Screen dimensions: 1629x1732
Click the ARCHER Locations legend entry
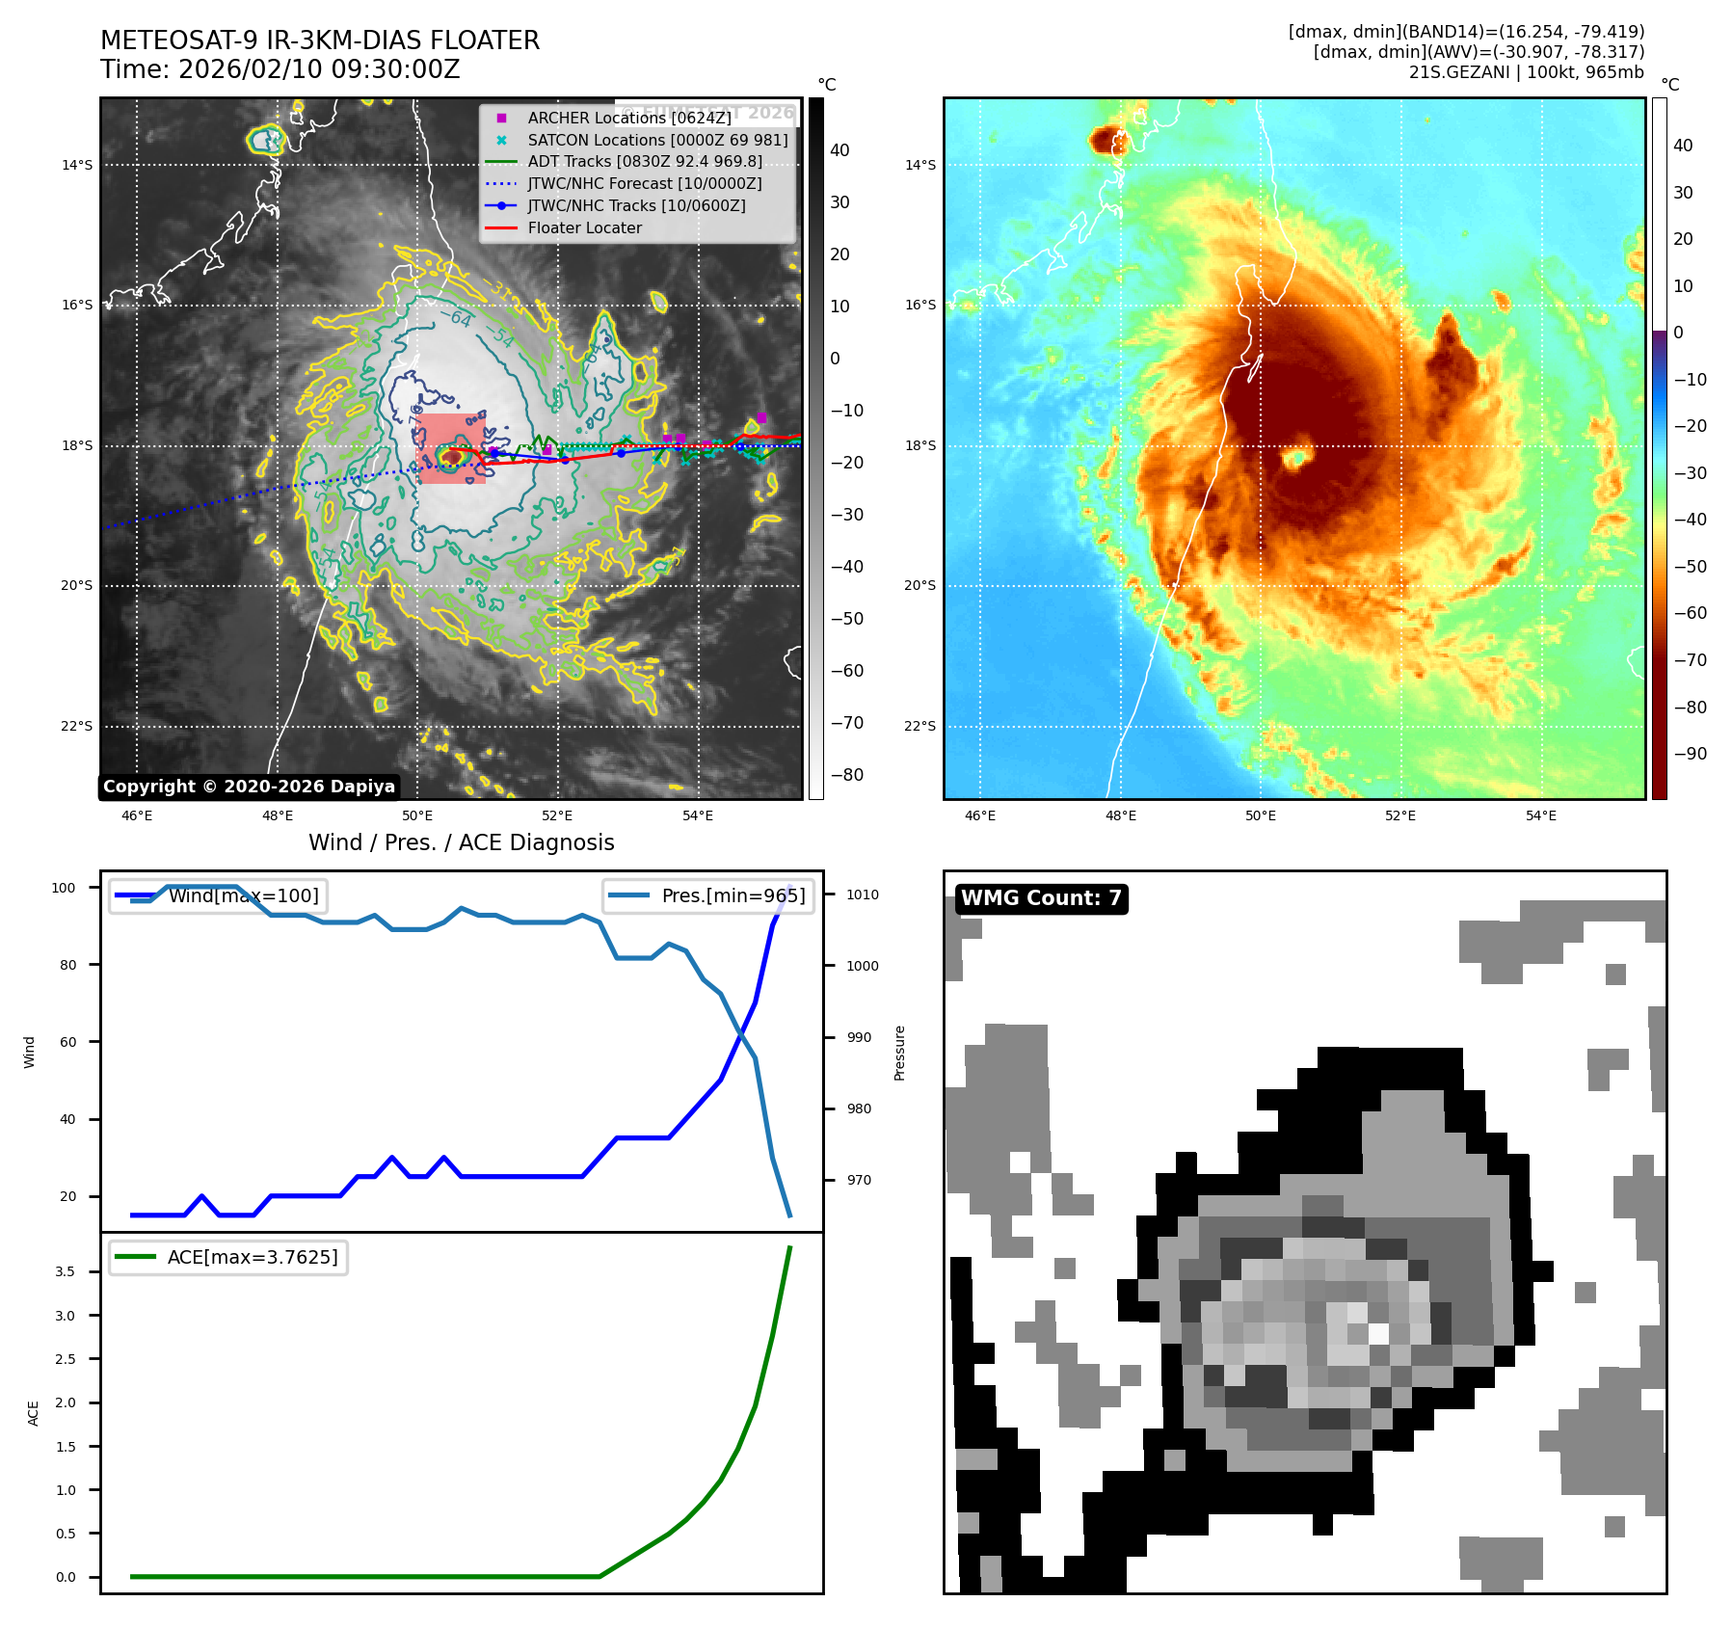coord(628,118)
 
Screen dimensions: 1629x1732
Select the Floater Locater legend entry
coord(584,227)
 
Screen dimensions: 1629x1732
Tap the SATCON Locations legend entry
coord(656,140)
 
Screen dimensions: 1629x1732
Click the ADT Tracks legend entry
coord(644,161)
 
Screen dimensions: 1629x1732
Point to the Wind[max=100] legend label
coord(243,895)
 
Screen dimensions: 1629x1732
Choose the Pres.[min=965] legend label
coord(733,895)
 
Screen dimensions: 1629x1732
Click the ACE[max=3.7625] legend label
coord(253,1257)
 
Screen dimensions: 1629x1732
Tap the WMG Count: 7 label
coord(1041,898)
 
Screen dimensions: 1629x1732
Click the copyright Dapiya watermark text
coord(249,787)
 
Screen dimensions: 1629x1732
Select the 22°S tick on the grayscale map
coord(77,726)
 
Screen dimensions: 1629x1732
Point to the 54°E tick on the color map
coord(1540,815)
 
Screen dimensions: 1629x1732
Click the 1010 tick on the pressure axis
coord(862,895)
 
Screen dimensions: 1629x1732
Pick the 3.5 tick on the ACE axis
coord(65,1271)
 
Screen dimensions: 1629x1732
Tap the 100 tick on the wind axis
coord(64,888)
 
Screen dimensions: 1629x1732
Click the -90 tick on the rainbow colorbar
coord(1690,754)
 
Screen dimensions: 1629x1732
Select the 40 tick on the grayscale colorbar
coord(839,150)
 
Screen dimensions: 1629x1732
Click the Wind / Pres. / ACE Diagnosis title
coord(461,842)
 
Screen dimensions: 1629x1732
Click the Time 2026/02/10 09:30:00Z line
coord(280,69)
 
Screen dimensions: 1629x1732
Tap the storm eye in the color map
coord(1295,458)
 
